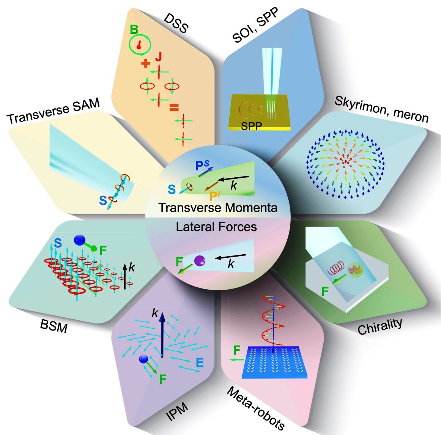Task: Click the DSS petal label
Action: click(176, 23)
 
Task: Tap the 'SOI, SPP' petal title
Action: click(255, 25)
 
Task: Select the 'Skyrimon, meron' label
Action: click(382, 109)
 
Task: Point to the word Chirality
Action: click(380, 326)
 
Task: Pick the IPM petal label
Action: click(177, 413)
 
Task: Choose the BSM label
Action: click(54, 326)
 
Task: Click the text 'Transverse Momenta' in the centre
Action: click(218, 208)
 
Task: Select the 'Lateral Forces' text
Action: click(216, 227)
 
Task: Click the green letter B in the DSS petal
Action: click(134, 29)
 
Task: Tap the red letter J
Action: click(159, 57)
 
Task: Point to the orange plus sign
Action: click(145, 63)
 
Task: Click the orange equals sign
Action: click(174, 107)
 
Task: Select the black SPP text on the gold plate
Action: click(251, 126)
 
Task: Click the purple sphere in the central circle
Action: click(200, 260)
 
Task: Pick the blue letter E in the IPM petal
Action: click(200, 363)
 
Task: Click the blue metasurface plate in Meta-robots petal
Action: click(274, 362)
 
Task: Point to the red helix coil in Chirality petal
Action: click(335, 268)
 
